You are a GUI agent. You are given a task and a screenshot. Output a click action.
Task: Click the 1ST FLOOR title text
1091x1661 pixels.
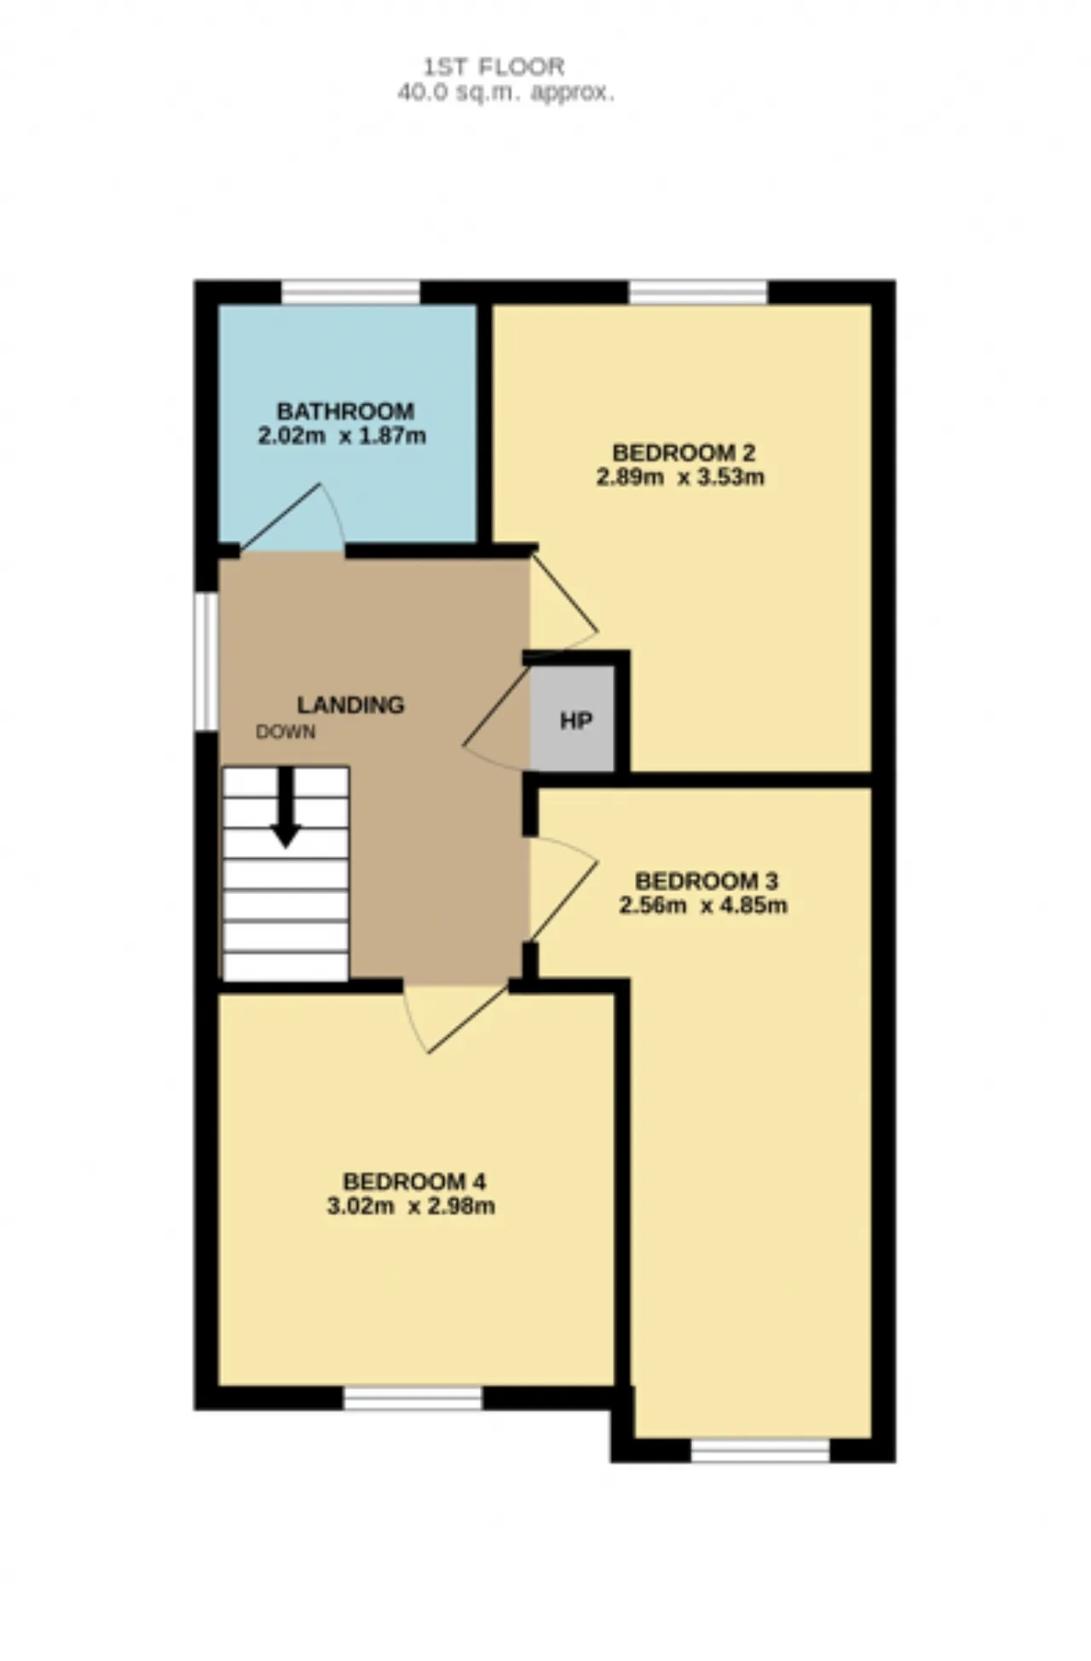(x=494, y=66)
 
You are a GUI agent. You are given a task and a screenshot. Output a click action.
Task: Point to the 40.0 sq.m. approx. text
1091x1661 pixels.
(x=505, y=92)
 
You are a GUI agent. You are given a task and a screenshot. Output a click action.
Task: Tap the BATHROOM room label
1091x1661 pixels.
(x=345, y=411)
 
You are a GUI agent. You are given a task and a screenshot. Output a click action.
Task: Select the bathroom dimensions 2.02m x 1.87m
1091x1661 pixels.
(x=342, y=436)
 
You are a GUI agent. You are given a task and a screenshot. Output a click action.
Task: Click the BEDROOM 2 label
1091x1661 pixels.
(x=684, y=452)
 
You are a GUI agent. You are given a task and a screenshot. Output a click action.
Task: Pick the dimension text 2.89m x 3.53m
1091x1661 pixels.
(x=680, y=476)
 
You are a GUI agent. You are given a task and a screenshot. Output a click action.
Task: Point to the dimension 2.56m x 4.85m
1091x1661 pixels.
(x=703, y=904)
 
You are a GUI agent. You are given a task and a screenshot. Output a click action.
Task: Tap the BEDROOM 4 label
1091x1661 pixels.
(x=414, y=1181)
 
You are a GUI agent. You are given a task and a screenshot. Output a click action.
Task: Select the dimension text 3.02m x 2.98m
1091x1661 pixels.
(x=411, y=1206)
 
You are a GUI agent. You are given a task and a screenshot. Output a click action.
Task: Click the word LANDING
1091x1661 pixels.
(x=350, y=705)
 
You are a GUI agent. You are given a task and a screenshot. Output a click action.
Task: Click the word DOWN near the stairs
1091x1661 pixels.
(x=286, y=731)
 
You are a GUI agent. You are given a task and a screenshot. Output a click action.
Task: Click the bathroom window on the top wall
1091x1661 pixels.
(x=350, y=292)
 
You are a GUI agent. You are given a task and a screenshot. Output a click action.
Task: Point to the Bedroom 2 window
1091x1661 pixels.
(x=698, y=292)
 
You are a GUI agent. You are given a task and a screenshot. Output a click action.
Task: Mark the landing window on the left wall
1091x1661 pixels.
(x=206, y=661)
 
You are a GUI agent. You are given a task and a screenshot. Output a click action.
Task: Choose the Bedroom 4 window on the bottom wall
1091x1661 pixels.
(x=413, y=1399)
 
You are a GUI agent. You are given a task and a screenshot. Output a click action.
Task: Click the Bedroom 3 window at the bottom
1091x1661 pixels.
(x=760, y=1450)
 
